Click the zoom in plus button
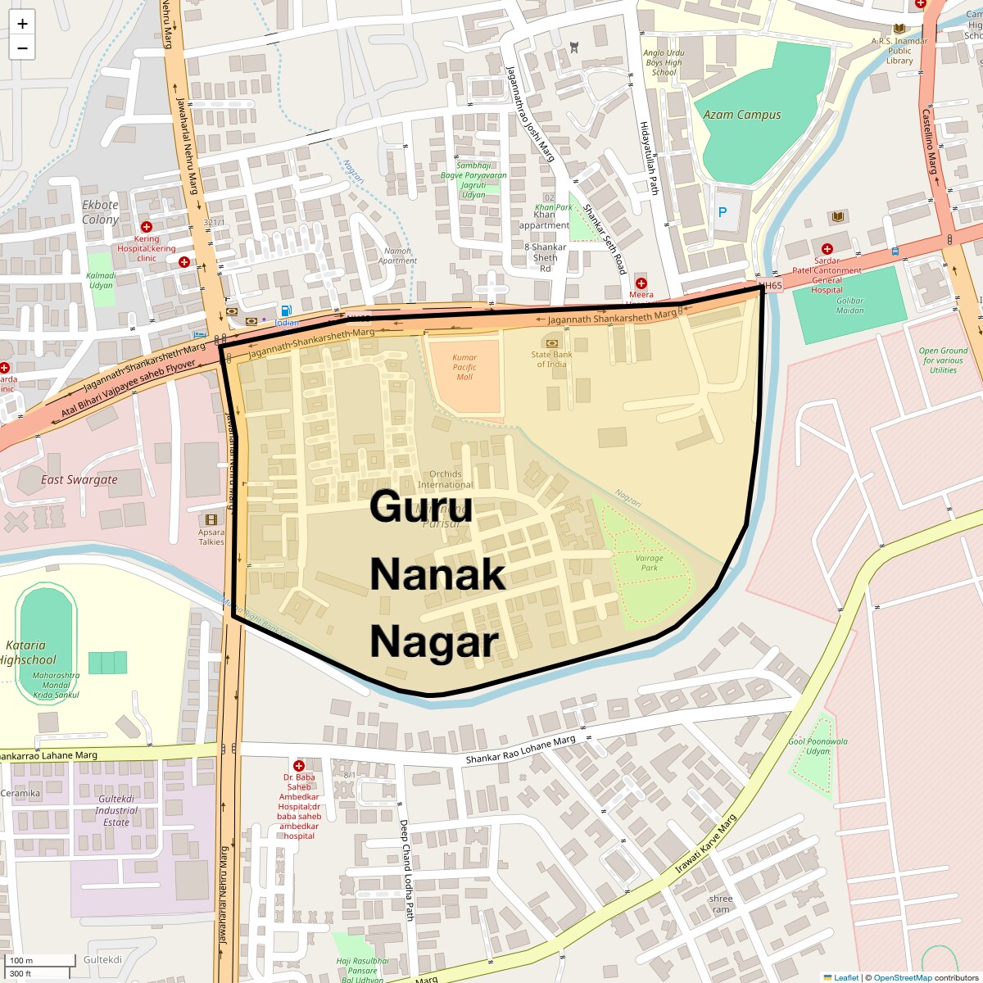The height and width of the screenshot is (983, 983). click(22, 23)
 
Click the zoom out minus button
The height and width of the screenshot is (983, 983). click(22, 48)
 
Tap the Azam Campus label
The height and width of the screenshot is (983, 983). click(741, 115)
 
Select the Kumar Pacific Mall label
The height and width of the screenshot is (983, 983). click(464, 367)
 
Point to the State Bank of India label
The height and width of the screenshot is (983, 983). click(551, 359)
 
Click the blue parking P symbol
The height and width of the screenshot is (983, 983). click(723, 212)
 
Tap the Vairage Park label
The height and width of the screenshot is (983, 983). click(649, 563)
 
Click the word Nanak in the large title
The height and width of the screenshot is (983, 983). click(437, 573)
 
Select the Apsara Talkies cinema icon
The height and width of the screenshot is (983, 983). click(211, 519)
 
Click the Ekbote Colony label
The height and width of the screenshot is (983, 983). click(100, 212)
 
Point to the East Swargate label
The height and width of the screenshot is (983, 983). click(79, 479)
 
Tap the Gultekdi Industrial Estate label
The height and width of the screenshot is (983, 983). click(116, 810)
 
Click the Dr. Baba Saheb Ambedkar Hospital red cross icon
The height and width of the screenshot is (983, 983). click(299, 766)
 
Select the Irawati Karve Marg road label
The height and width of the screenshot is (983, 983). click(705, 844)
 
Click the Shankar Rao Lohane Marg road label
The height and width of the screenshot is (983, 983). click(520, 750)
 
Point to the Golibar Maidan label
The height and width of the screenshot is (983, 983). click(849, 305)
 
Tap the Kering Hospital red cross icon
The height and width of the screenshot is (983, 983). click(147, 227)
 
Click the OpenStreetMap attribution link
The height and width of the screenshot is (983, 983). click(902, 977)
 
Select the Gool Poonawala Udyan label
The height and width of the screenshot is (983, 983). click(818, 746)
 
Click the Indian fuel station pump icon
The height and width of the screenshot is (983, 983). click(286, 310)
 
